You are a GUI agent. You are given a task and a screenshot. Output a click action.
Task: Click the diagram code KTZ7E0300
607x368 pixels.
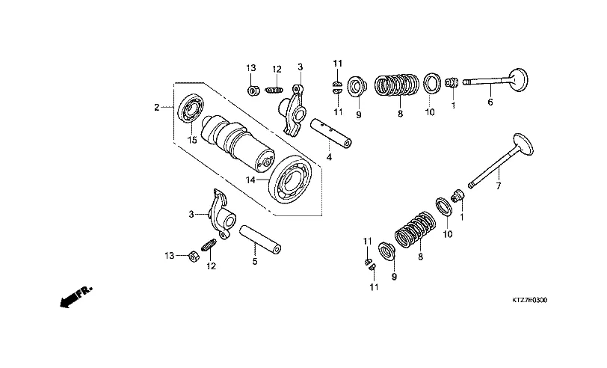pos(529,300)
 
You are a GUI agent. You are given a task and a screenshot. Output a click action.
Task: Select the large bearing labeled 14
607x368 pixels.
pos(291,180)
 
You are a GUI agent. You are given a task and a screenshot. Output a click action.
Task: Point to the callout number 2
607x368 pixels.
pos(156,107)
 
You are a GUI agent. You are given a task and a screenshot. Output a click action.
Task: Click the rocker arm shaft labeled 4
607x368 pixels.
pos(331,133)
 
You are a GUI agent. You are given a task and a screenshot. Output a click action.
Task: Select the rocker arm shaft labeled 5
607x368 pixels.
pos(260,240)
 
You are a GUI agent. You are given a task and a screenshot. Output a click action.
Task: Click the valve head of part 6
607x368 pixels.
pos(518,80)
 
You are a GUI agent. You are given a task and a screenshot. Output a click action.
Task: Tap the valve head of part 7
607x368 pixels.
pos(523,144)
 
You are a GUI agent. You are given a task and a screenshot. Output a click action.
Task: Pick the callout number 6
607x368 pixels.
pos(490,102)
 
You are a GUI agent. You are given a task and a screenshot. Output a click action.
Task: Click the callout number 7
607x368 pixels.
pos(498,186)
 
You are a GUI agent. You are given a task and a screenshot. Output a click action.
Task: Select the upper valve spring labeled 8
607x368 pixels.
pos(397,85)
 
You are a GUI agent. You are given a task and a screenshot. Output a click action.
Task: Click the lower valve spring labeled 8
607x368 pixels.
pos(415,230)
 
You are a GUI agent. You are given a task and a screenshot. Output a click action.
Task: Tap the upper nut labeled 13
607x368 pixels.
pos(253,91)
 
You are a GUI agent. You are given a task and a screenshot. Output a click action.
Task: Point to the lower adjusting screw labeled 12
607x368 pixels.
pos(209,245)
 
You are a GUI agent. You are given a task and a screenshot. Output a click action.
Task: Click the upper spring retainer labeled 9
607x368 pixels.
pos(356,86)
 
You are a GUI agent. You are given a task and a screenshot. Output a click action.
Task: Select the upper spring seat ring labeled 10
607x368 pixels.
pos(431,82)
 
